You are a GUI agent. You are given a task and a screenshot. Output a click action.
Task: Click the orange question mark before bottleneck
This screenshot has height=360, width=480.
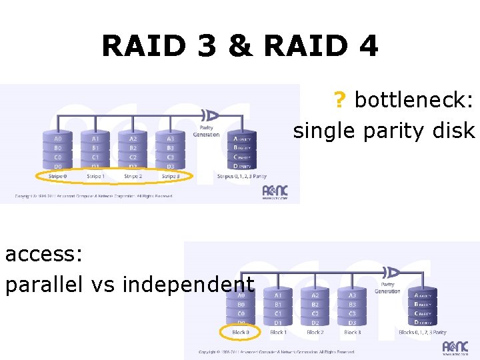340,101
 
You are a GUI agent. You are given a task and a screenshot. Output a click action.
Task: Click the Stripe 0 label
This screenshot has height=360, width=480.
57,177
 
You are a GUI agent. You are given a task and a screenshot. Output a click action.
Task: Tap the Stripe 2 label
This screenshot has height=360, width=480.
133,177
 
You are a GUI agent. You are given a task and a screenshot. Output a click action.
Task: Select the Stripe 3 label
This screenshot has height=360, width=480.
170,177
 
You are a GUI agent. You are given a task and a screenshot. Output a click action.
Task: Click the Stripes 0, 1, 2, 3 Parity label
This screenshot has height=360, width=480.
242,177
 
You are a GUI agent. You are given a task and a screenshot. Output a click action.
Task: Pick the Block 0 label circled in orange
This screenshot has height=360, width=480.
241,332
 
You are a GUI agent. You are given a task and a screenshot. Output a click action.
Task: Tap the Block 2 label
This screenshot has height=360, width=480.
315,332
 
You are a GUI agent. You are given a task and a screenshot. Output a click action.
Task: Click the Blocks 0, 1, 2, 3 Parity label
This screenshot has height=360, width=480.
423,332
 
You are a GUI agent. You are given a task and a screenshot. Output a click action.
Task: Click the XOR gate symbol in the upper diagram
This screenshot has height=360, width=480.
211,114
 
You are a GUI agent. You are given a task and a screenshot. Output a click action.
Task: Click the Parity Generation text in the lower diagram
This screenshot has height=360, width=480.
387,287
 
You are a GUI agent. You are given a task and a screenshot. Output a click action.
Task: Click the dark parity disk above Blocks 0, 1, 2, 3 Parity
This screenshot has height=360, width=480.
424,308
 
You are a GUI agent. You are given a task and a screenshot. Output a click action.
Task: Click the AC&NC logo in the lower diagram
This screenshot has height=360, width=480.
455,347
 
